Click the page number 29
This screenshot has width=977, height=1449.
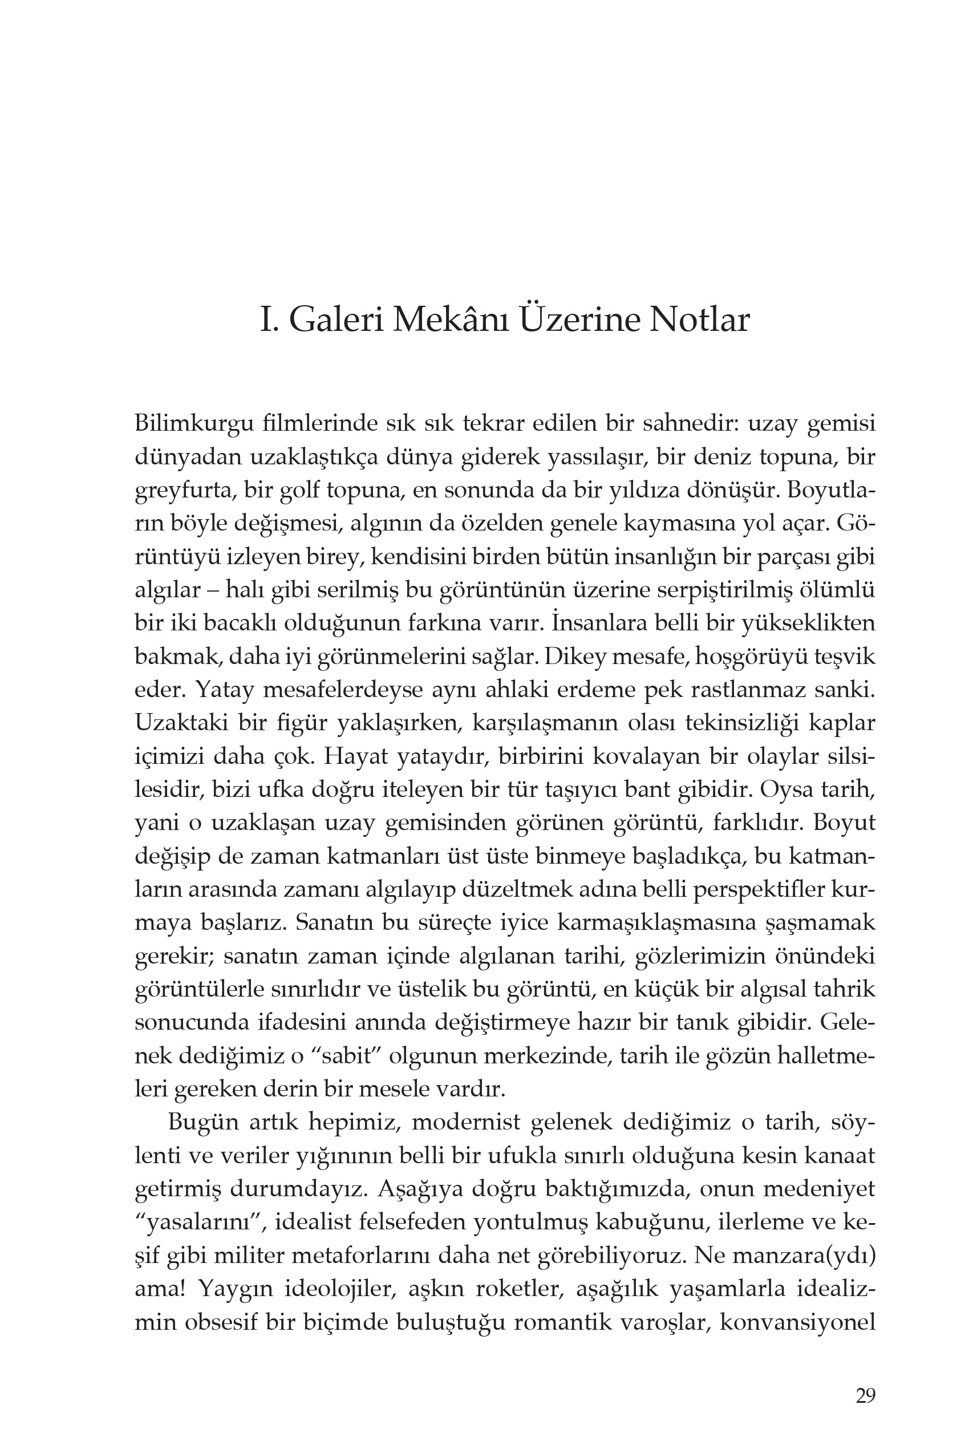(x=865, y=1395)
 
